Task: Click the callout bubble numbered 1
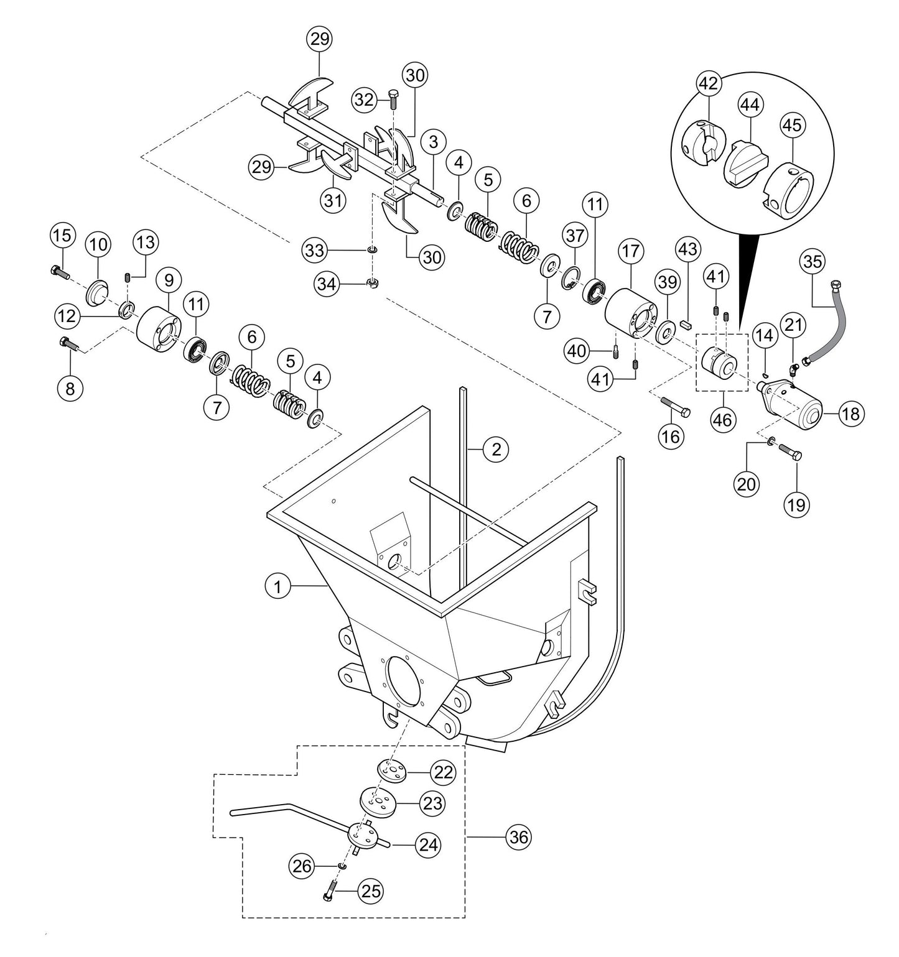pyautogui.click(x=278, y=586)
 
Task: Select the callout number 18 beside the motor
pyautogui.click(x=850, y=414)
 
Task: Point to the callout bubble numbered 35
pyautogui.click(x=813, y=262)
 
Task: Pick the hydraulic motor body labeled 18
pyautogui.click(x=793, y=407)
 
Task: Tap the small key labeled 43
pyautogui.click(x=686, y=323)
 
